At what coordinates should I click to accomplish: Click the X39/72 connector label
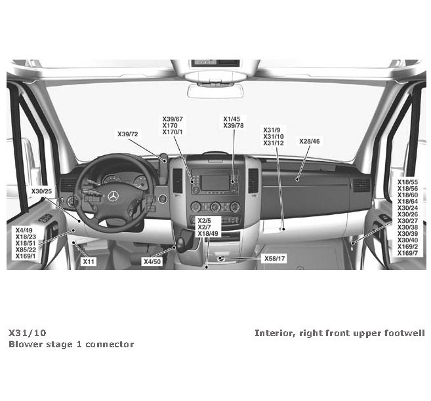click(128, 134)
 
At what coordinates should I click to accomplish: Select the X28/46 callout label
click(310, 141)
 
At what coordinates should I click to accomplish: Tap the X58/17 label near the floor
click(275, 259)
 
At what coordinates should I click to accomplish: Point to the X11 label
click(89, 261)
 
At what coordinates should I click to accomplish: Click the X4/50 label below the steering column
click(152, 261)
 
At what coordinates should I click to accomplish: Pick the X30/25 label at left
click(41, 191)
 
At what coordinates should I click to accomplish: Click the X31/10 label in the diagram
click(274, 136)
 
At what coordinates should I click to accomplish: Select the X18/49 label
click(208, 234)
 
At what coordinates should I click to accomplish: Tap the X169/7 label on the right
click(407, 253)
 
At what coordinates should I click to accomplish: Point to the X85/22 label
click(26, 250)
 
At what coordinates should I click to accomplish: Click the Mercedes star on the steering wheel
click(112, 197)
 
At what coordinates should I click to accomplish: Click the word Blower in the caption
click(26, 344)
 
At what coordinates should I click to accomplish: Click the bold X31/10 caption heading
click(28, 333)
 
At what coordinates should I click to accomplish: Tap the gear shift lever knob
click(184, 234)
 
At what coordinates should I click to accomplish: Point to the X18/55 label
click(407, 181)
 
